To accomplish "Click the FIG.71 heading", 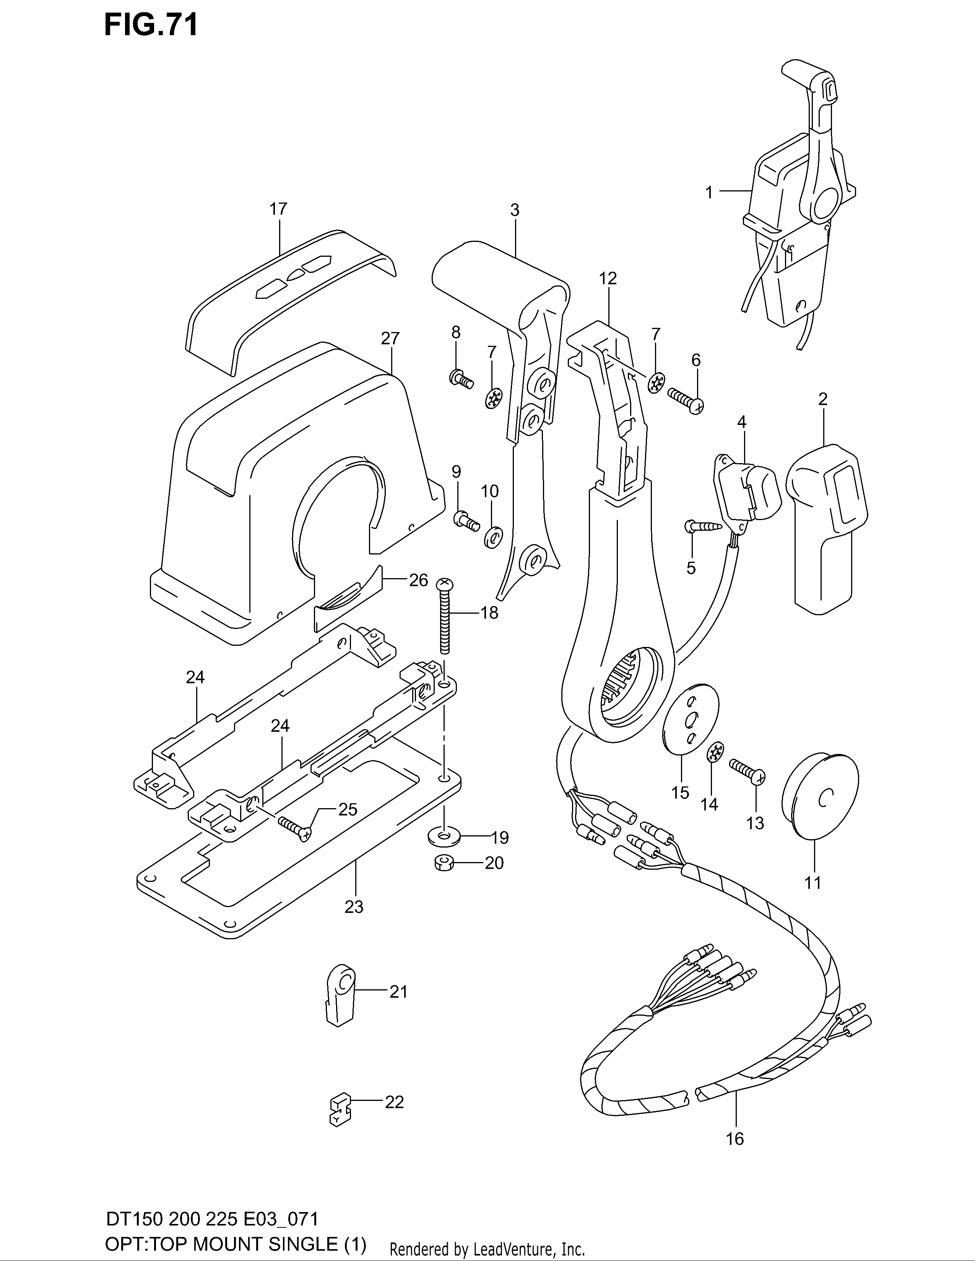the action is coord(151,25).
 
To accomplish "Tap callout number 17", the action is coord(278,209).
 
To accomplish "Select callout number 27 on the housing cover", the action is coord(390,338).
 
